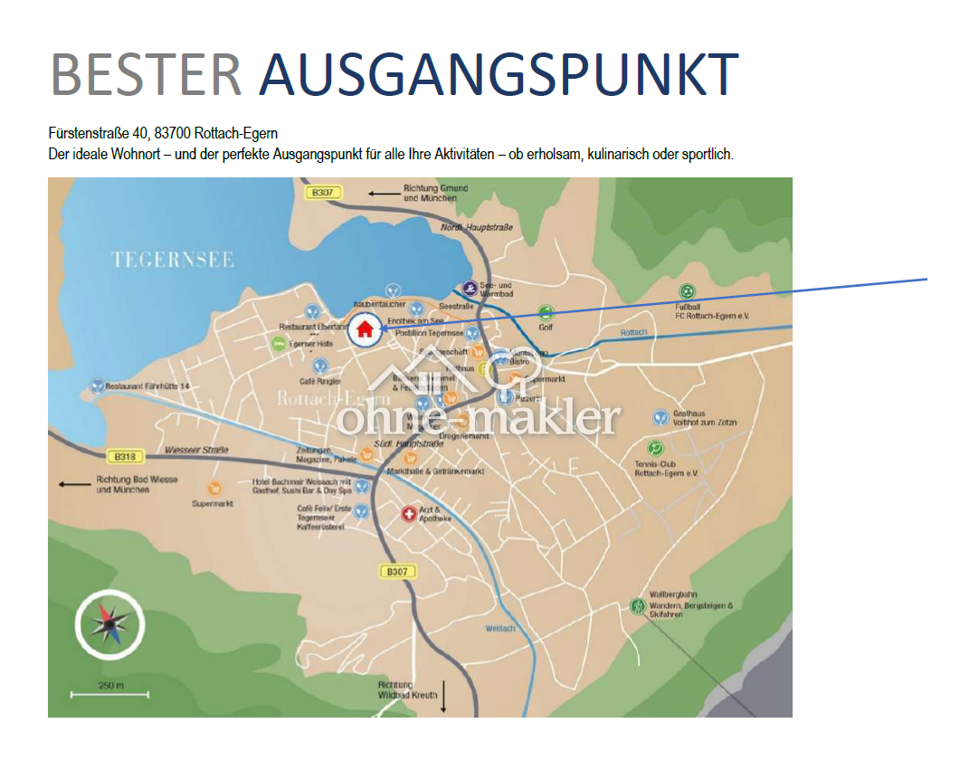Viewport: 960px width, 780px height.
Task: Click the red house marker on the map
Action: (365, 328)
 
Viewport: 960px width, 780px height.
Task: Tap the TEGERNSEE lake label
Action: (172, 261)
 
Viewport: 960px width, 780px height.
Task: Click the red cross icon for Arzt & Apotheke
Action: (409, 514)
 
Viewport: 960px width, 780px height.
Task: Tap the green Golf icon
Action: (545, 313)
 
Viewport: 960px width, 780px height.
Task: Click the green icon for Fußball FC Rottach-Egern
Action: (688, 291)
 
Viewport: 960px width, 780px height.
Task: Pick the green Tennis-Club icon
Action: (655, 448)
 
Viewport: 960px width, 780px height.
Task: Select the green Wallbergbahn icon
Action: (638, 605)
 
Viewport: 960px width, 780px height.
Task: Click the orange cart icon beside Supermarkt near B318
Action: (214, 489)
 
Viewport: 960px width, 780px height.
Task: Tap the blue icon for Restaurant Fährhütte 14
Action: (97, 386)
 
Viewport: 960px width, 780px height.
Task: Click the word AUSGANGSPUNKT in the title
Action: (499, 74)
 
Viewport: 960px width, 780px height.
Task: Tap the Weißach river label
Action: (499, 627)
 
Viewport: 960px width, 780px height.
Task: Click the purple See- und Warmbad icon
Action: (470, 288)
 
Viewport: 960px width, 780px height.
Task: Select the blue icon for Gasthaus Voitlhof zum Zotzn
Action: (661, 417)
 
